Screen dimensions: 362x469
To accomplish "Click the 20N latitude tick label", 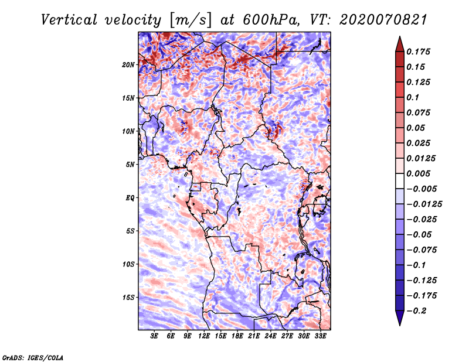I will point(128,64).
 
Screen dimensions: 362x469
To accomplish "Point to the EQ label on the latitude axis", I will point(131,198).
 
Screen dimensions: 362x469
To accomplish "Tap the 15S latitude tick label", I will point(128,298).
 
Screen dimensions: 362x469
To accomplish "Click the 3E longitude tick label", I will point(155,336).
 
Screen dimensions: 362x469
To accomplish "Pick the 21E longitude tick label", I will point(254,336).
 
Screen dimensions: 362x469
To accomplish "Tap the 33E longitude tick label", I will point(320,336).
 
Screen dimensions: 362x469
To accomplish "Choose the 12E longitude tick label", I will point(204,336).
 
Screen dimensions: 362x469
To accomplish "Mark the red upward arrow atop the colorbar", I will point(399,43).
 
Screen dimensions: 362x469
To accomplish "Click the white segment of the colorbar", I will point(399,181).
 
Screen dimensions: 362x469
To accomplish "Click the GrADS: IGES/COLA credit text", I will point(32,357).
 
